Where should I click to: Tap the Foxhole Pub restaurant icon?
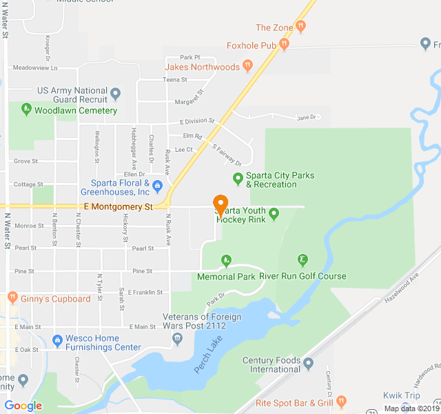point(284,45)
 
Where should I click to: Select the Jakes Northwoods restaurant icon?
point(246,67)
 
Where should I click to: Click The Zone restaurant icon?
point(300,27)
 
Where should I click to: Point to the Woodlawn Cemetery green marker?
point(26,109)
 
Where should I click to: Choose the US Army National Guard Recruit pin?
point(116,93)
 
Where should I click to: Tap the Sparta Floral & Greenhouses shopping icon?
point(157,185)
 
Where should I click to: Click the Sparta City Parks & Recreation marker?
point(238,179)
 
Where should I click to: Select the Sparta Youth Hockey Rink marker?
point(274,214)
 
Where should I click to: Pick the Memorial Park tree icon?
point(227,260)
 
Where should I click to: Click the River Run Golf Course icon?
point(302,260)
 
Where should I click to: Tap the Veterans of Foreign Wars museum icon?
point(178,338)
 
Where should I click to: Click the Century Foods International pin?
point(308,363)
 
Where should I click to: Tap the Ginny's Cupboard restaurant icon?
point(12,298)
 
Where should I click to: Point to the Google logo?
point(23,406)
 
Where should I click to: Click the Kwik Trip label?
point(402,396)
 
